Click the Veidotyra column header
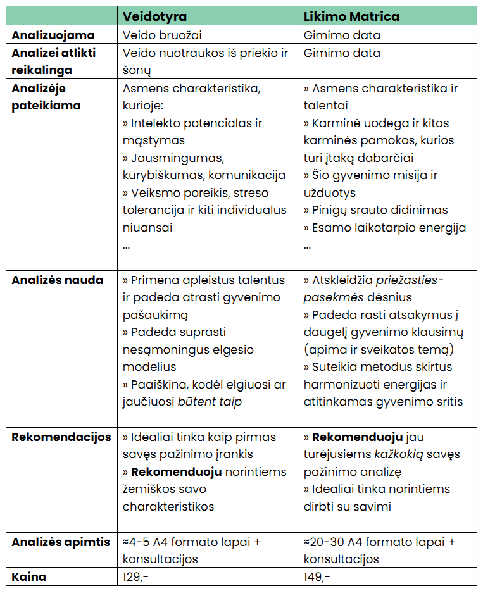click(x=154, y=16)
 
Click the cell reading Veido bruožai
click(x=162, y=35)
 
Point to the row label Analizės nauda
click(x=57, y=280)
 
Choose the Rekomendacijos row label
click(x=61, y=437)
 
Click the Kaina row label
click(x=28, y=576)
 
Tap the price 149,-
click(x=317, y=576)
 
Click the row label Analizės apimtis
click(x=60, y=542)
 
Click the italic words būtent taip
click(x=210, y=402)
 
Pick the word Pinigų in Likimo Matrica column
click(x=332, y=210)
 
